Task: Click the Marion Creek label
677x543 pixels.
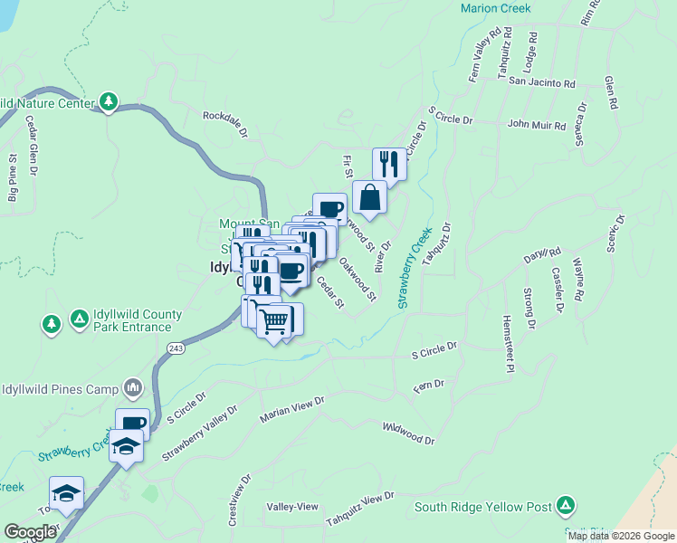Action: tap(495, 8)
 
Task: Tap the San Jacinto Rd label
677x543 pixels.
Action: tap(542, 82)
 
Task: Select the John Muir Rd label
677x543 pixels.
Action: tap(536, 124)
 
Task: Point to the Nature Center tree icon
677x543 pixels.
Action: tap(110, 101)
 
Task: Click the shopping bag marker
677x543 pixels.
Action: tap(370, 196)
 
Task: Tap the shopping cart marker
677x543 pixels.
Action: tap(274, 320)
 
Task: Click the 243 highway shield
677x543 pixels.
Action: tap(176, 347)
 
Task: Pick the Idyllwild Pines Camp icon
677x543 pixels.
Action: tap(134, 388)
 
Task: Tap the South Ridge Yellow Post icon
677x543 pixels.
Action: tap(566, 505)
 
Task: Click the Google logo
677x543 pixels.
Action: tap(30, 532)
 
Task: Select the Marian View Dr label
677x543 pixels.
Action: tap(291, 408)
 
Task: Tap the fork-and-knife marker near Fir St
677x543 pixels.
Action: tap(389, 164)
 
